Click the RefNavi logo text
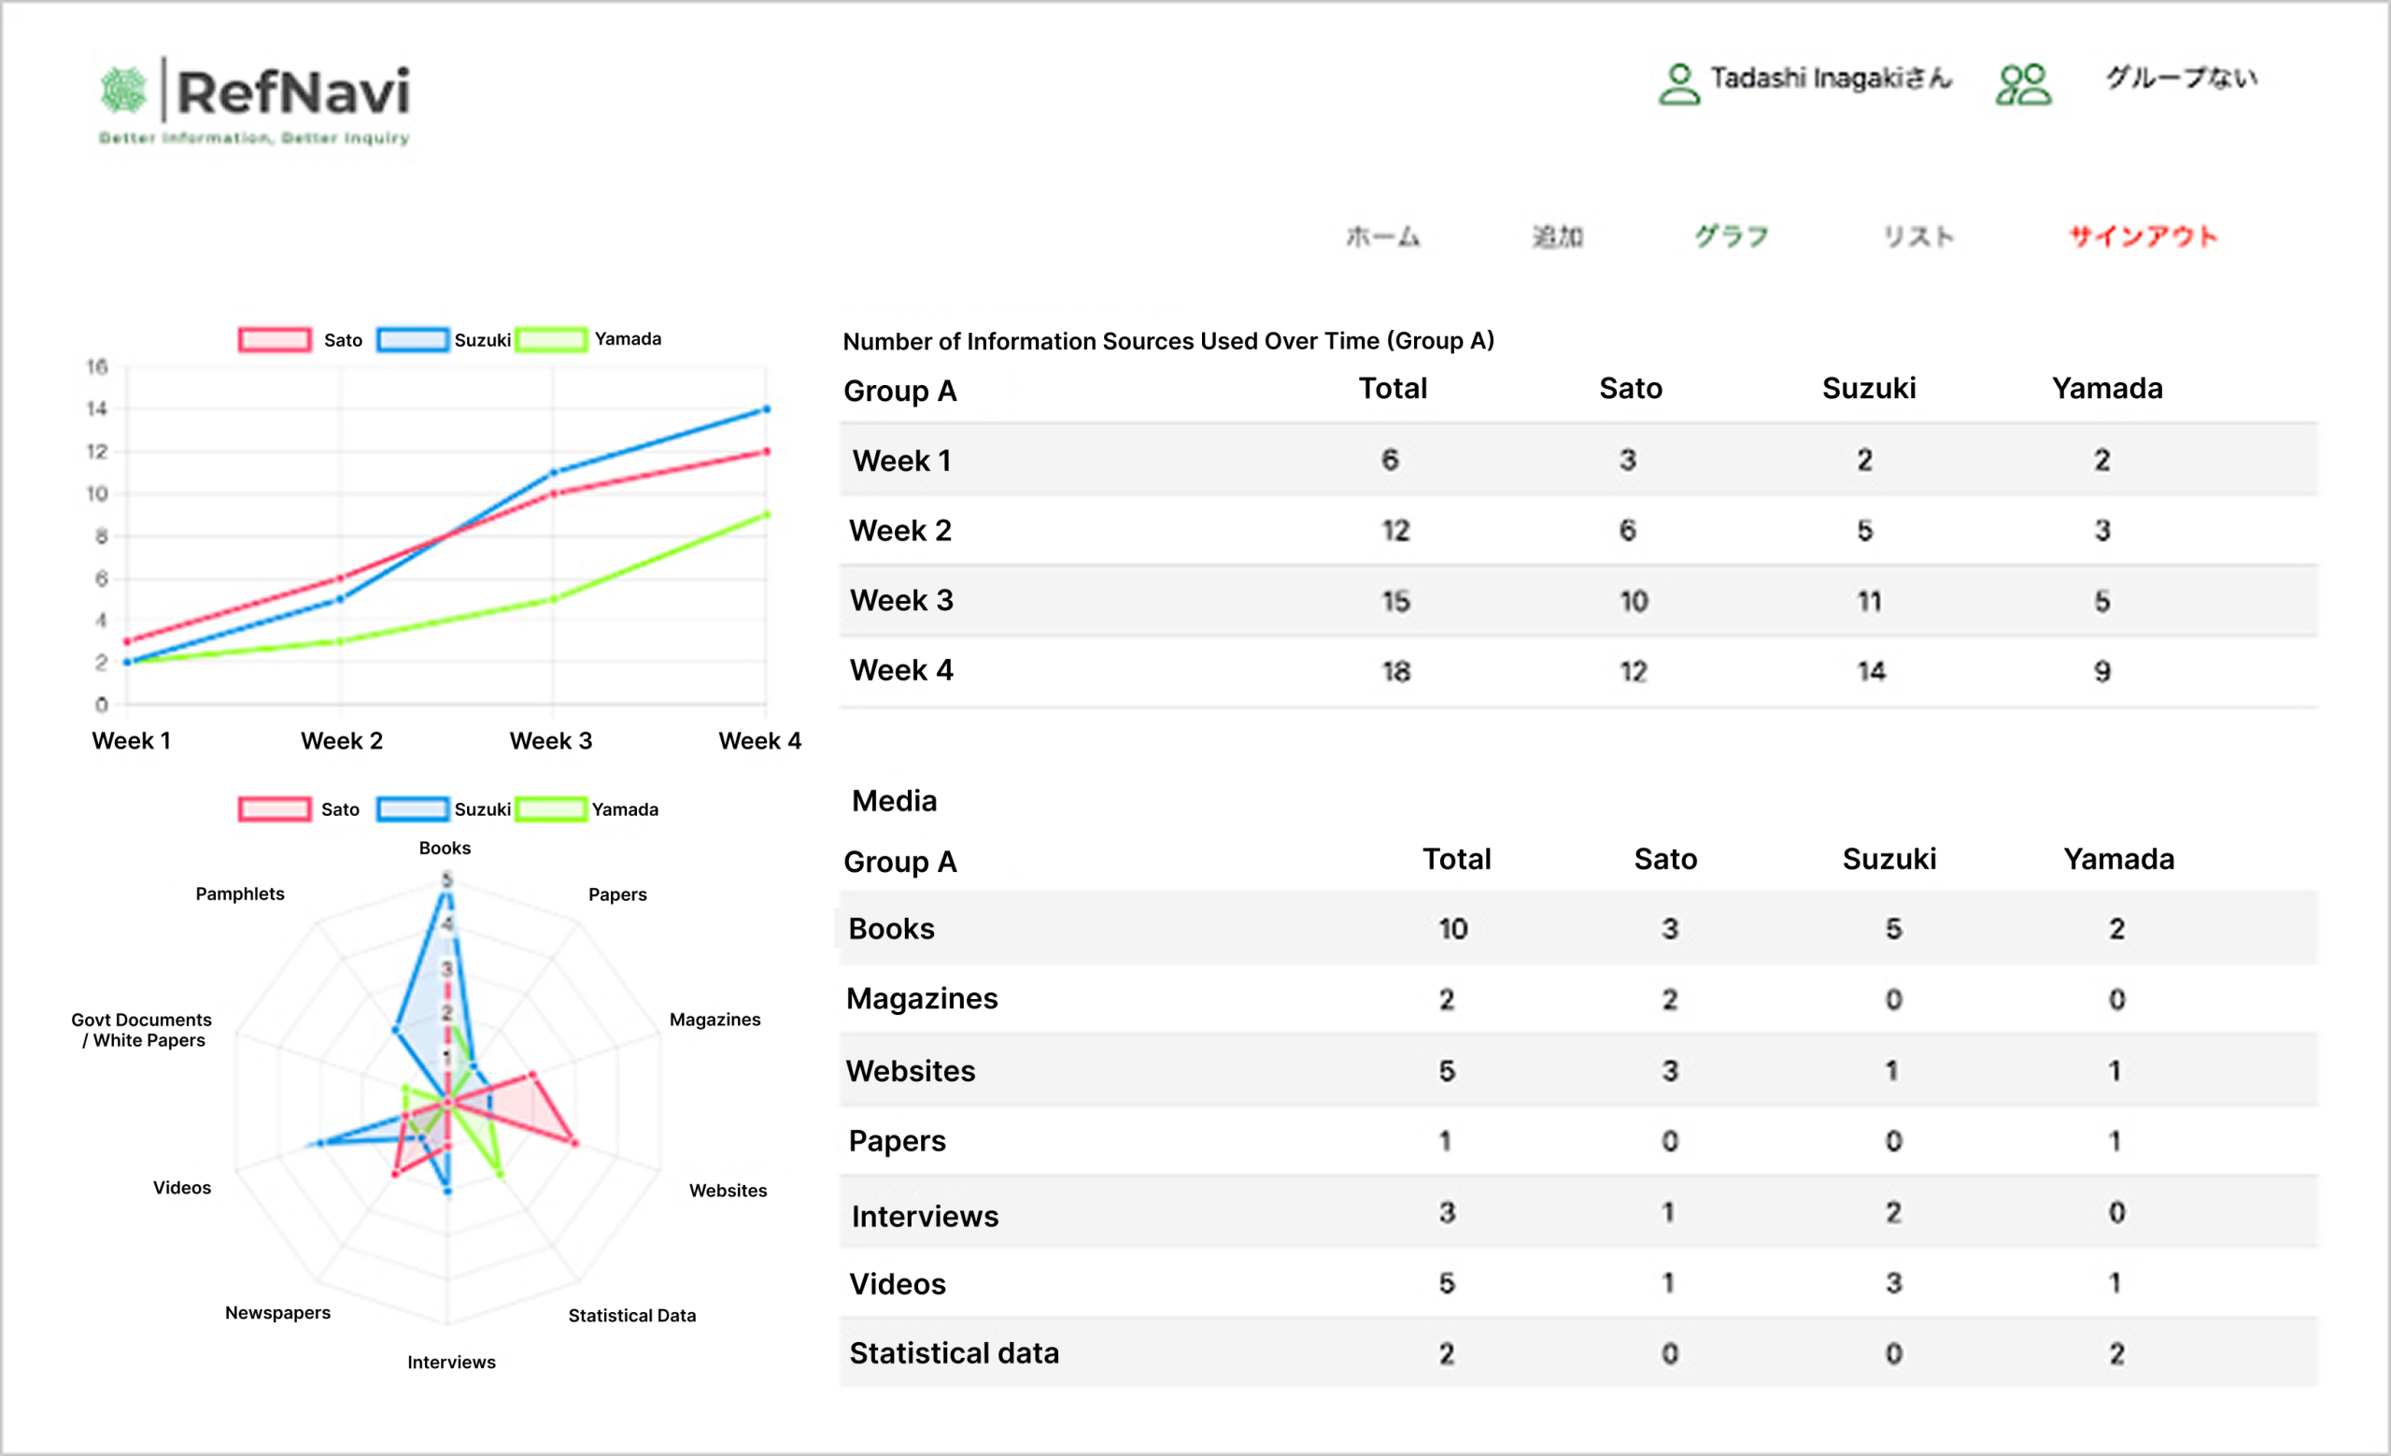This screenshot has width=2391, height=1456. [x=292, y=93]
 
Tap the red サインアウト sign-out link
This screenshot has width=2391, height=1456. [x=2143, y=236]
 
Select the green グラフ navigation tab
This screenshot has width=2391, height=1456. [x=1733, y=236]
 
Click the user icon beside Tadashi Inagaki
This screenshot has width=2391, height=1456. [x=1678, y=83]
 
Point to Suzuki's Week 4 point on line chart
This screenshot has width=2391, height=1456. [x=766, y=409]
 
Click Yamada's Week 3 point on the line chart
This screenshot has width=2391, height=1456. [x=553, y=599]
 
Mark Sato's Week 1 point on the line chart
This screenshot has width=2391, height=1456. [x=127, y=641]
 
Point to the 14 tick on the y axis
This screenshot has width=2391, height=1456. [x=97, y=408]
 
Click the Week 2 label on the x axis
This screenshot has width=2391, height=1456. [x=342, y=741]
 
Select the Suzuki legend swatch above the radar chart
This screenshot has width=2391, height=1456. [x=413, y=808]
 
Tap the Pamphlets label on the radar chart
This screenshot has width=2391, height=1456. [x=240, y=894]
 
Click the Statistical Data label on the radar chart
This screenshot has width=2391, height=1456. [x=631, y=1315]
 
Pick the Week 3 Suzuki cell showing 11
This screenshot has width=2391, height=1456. [x=1869, y=602]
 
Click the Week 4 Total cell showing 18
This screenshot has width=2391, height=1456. [x=1395, y=672]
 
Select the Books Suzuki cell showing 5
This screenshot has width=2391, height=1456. [x=1893, y=929]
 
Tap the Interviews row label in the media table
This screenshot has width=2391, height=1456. [x=925, y=1216]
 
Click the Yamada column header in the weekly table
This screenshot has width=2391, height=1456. [x=2107, y=388]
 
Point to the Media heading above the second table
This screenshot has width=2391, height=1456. [x=894, y=801]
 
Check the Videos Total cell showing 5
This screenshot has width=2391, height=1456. [x=1447, y=1283]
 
